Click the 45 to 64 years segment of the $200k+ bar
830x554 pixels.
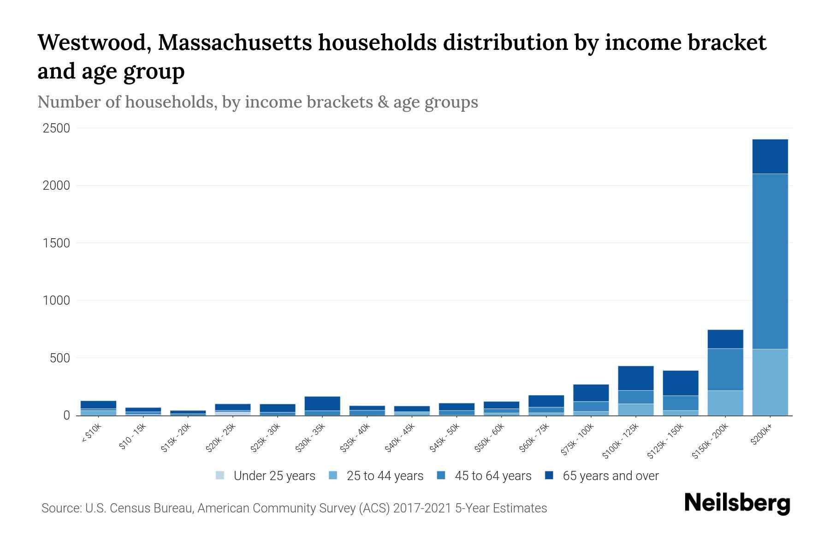770,261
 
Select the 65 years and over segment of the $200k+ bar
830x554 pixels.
770,157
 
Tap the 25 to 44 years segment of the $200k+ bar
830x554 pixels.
770,382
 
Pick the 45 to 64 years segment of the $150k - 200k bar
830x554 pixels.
725,369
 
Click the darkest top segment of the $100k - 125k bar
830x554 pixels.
635,378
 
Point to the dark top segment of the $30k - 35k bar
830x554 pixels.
322,403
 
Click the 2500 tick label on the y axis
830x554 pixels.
56,128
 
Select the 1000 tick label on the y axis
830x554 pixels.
56,301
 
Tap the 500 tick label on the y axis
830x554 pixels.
60,358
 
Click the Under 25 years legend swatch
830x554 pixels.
220,476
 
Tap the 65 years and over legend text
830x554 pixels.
611,476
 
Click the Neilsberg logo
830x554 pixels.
737,503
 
